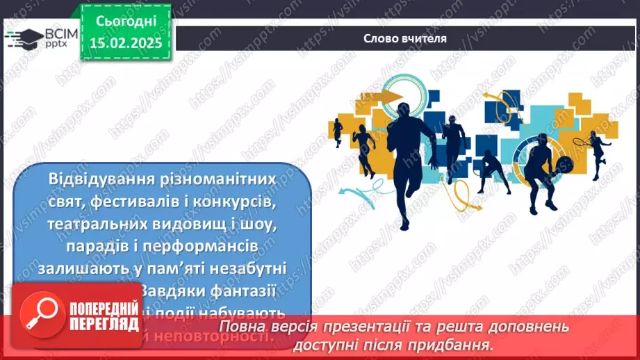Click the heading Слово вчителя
405,38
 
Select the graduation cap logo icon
22,39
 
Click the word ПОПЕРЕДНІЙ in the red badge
103,309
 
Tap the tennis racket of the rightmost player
580,140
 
